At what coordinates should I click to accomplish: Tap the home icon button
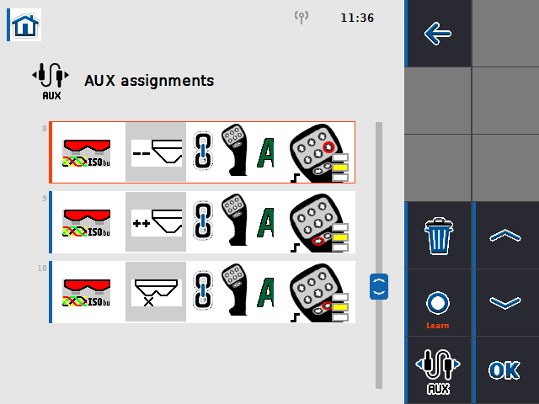coord(25,25)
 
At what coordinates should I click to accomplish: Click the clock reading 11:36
coord(357,18)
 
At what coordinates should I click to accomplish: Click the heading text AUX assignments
coord(149,82)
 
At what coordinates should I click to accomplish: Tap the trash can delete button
coord(438,236)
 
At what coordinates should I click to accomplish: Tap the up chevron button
coord(505,236)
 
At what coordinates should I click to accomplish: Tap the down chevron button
coord(505,303)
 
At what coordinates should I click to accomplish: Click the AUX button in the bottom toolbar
coord(438,370)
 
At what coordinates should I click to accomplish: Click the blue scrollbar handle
coord(379,285)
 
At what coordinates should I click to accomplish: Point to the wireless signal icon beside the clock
coord(302,17)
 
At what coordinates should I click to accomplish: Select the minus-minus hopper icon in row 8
coord(157,153)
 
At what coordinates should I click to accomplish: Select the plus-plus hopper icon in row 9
coord(157,222)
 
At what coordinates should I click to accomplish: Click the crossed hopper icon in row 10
coord(157,291)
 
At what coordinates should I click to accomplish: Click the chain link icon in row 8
coord(202,153)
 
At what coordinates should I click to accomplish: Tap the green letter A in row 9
coord(267,222)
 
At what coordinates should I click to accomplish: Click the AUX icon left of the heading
coord(51,82)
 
